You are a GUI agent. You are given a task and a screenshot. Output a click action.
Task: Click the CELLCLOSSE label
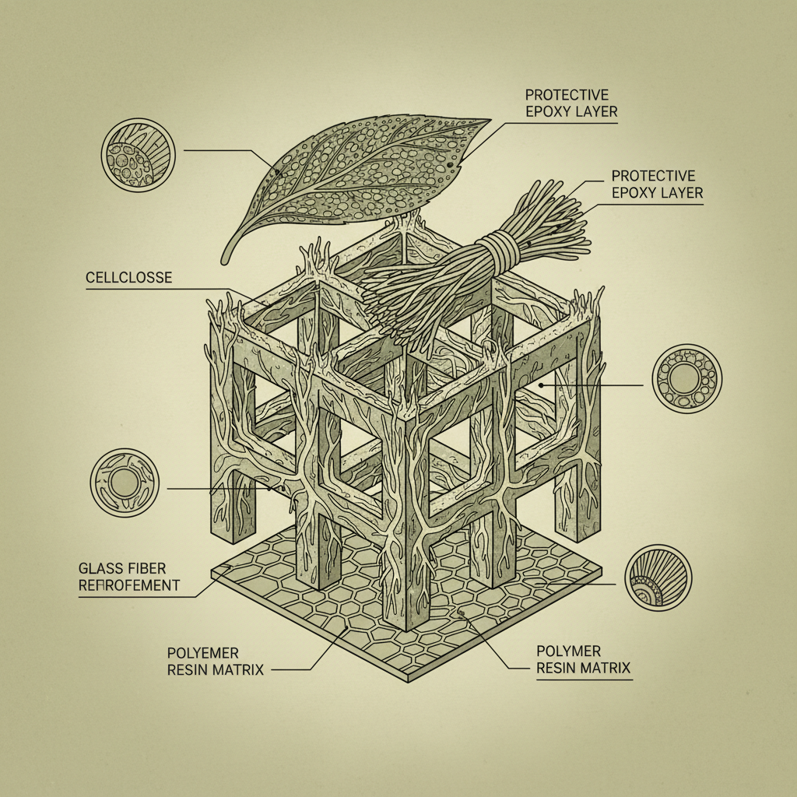128,277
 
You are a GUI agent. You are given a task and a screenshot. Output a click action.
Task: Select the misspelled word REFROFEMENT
129,585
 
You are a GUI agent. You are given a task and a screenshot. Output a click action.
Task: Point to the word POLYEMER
202,652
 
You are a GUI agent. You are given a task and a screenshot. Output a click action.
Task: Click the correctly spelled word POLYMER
568,651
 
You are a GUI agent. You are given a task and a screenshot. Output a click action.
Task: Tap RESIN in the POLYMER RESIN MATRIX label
557,668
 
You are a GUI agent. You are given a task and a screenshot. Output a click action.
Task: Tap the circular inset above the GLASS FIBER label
125,483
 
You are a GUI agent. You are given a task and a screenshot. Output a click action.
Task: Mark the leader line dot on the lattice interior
540,384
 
